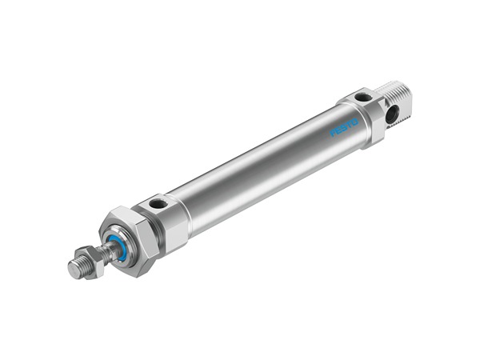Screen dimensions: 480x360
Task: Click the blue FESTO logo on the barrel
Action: tap(344, 127)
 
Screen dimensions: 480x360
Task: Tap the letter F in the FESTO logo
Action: tap(333, 133)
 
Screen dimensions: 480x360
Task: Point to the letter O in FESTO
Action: tap(354, 122)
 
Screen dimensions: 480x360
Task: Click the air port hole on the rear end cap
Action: tap(363, 98)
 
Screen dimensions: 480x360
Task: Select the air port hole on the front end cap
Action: tap(158, 203)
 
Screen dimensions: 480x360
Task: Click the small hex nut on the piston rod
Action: tap(91, 262)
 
